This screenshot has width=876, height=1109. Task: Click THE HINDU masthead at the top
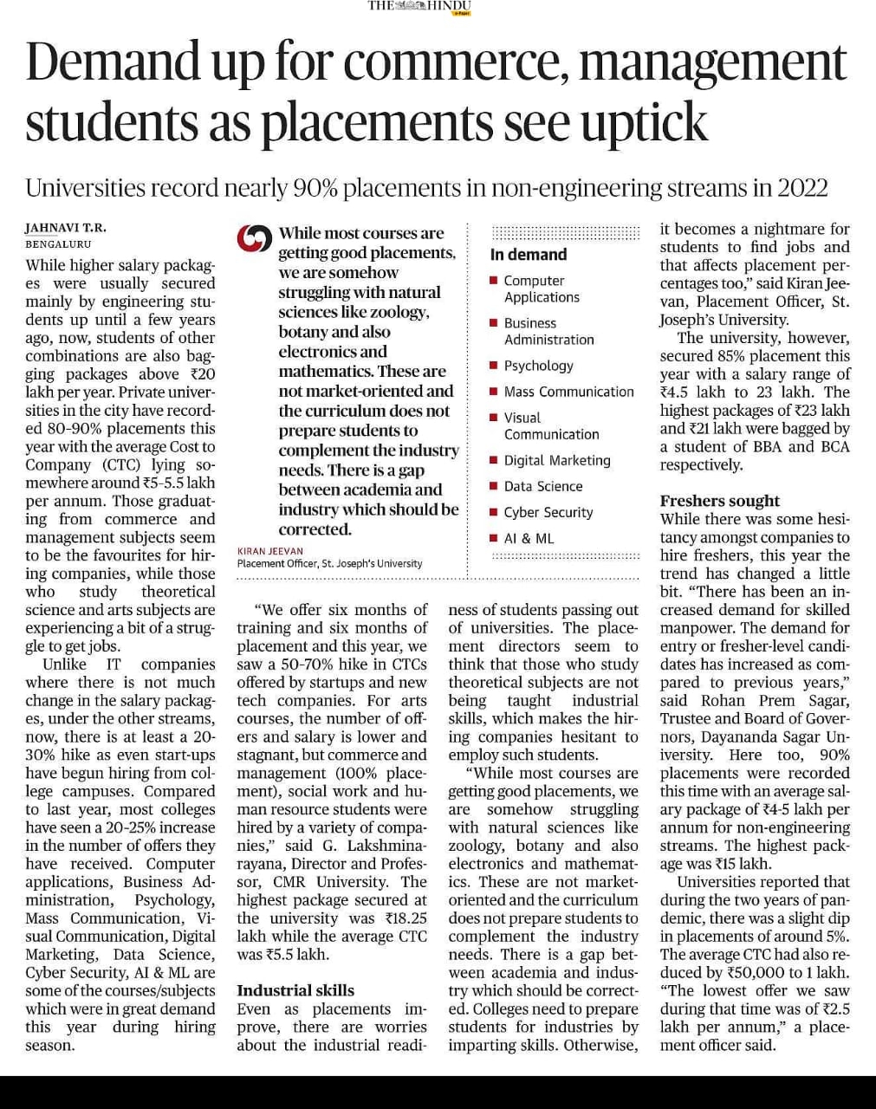click(419, 6)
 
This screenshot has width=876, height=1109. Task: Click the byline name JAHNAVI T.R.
click(66, 228)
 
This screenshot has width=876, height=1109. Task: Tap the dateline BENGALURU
click(58, 244)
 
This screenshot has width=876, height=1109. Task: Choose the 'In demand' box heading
click(528, 255)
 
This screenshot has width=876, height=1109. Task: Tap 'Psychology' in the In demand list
click(538, 366)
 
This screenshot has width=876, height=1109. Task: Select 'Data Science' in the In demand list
click(543, 486)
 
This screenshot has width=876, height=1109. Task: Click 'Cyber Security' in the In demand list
click(548, 512)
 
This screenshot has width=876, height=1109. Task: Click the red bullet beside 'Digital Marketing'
click(493, 461)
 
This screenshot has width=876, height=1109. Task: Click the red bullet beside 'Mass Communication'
click(493, 392)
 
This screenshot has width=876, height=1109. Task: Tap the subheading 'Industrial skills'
click(295, 990)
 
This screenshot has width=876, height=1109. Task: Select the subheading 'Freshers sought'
click(719, 501)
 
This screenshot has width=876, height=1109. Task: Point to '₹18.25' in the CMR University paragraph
click(404, 918)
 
